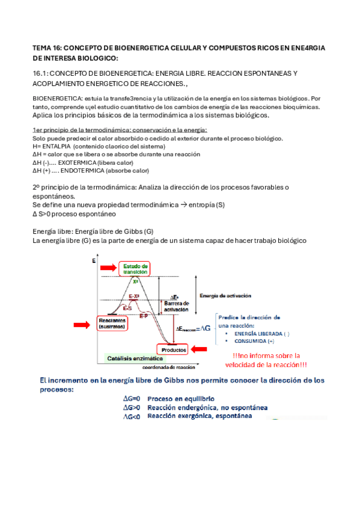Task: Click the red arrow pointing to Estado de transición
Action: click(x=108, y=266)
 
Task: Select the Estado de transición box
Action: click(x=135, y=268)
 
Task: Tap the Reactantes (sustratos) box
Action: click(x=112, y=324)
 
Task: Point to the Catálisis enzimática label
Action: click(x=126, y=358)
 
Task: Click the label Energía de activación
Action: click(x=225, y=295)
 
